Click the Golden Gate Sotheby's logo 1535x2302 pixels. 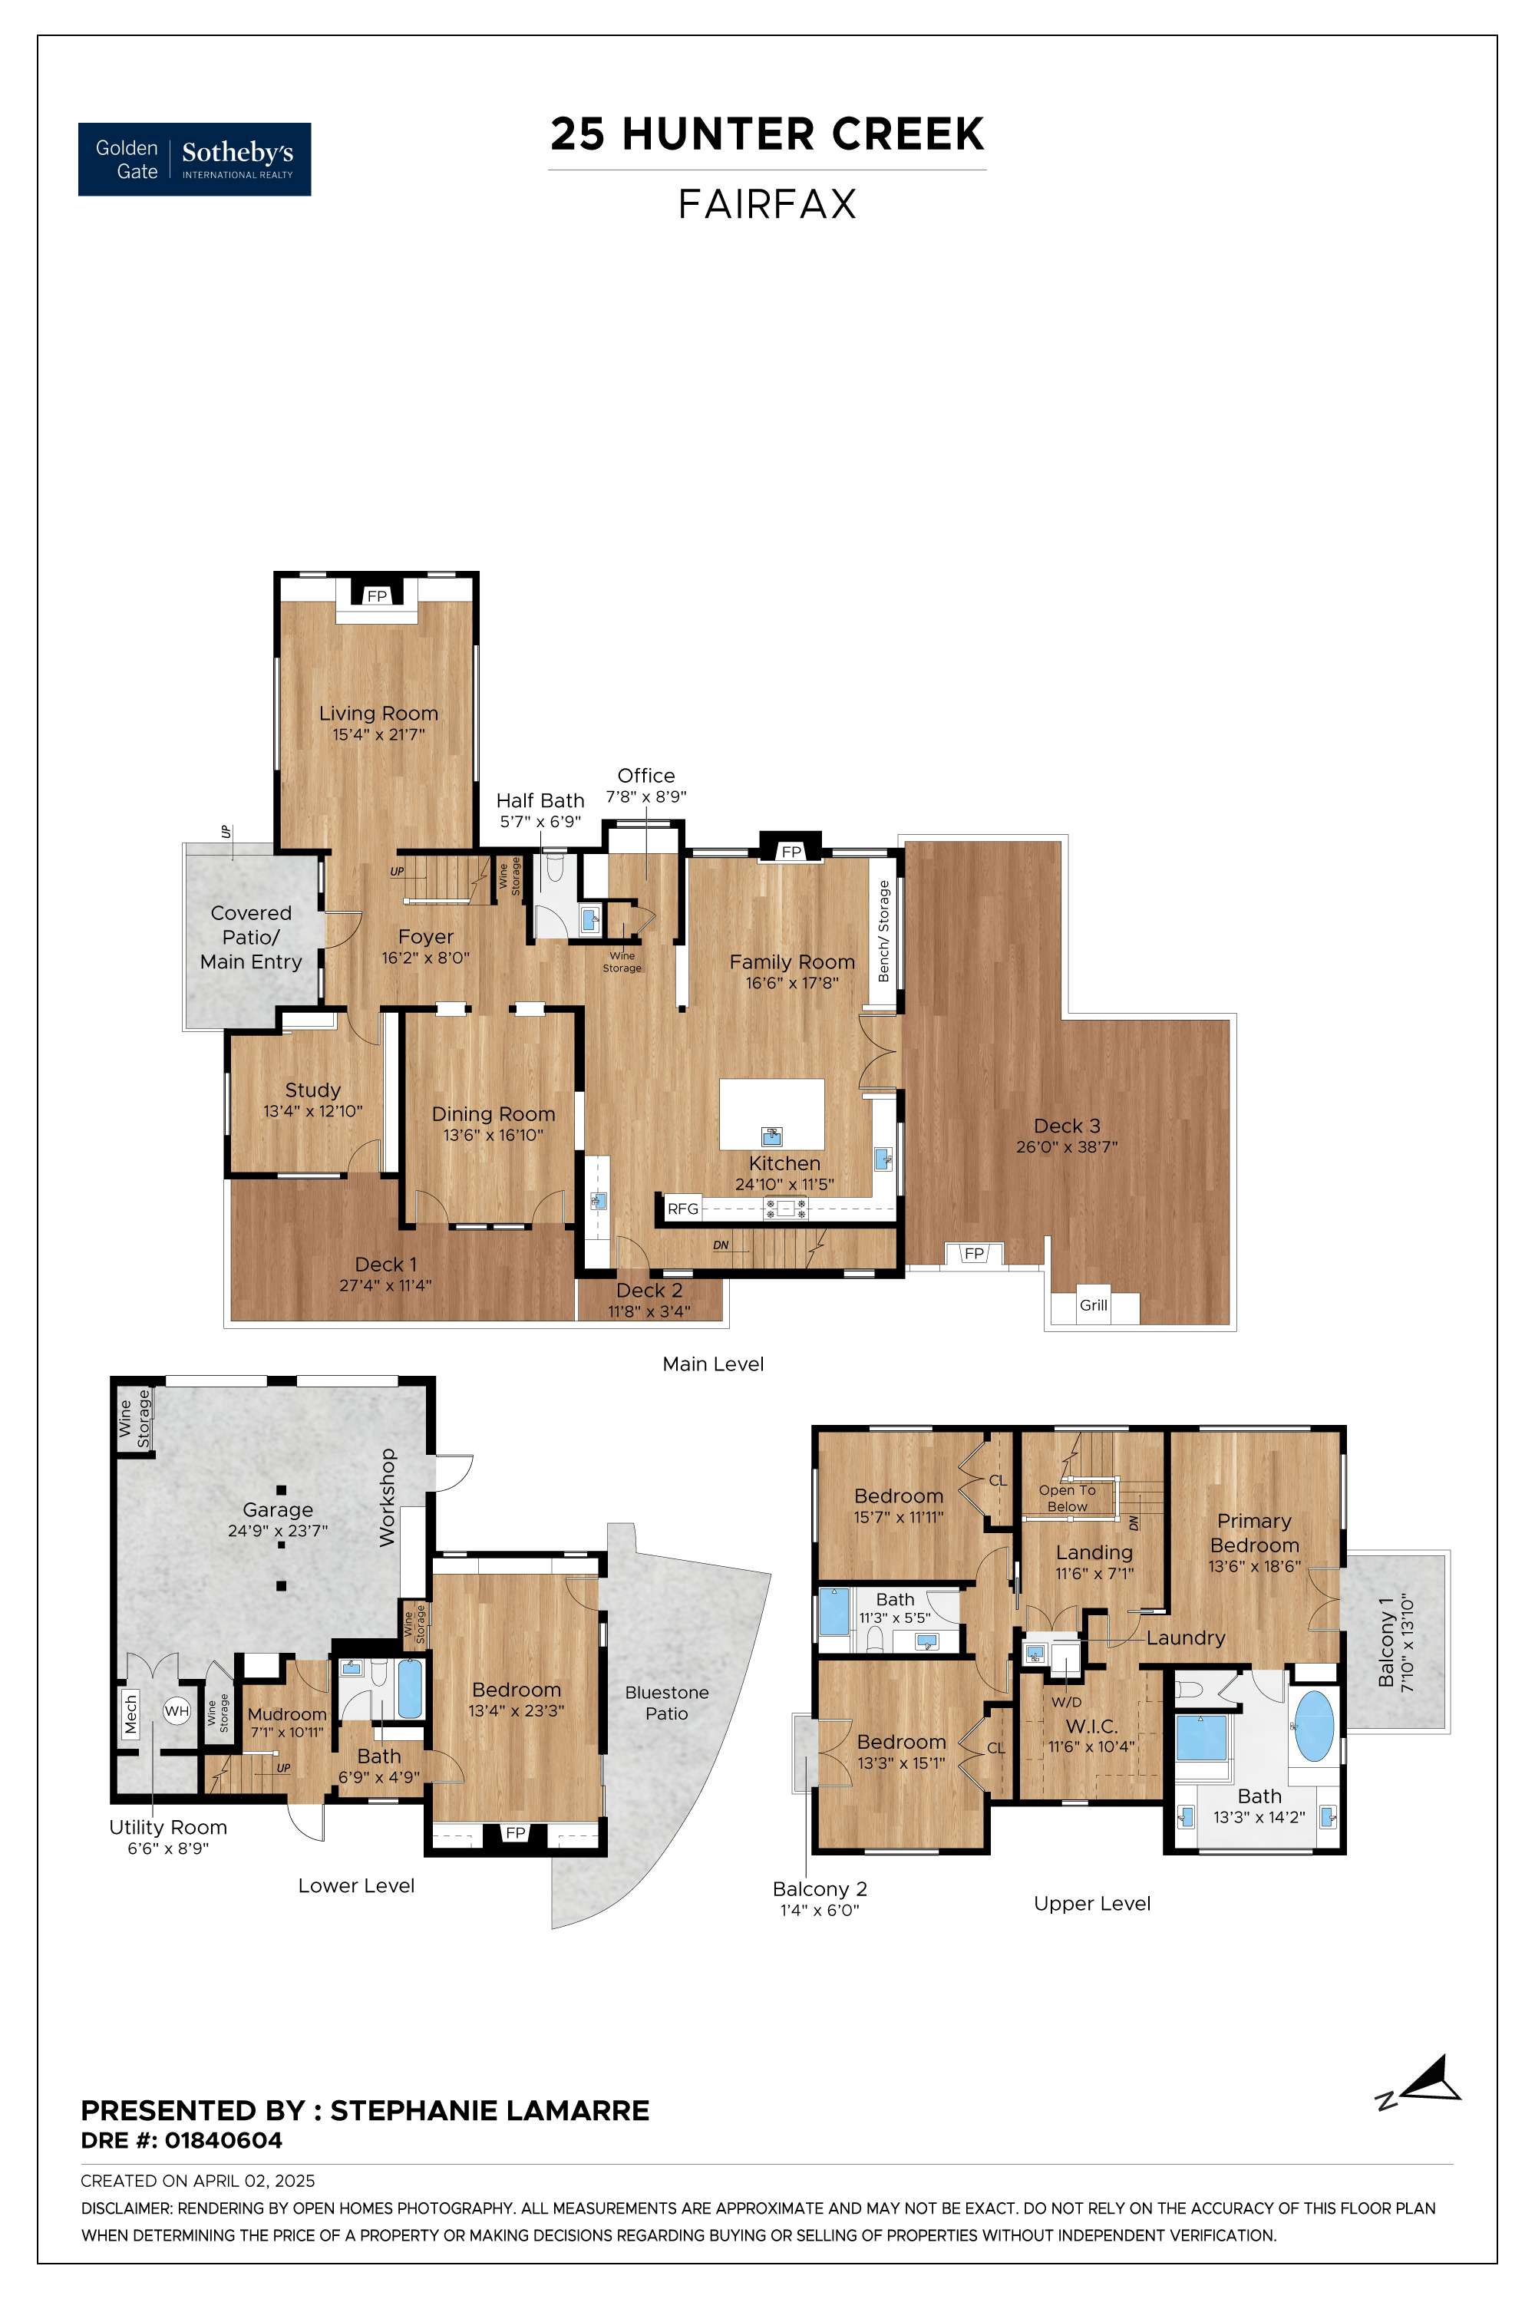pyautogui.click(x=195, y=160)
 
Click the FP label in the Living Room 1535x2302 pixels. pyautogui.click(x=377, y=596)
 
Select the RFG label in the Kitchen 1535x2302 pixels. pyautogui.click(x=683, y=1209)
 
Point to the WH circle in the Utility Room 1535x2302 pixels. pyautogui.click(x=177, y=1711)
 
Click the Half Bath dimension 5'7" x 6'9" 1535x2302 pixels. pyautogui.click(x=540, y=822)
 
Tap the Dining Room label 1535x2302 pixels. pyautogui.click(x=494, y=1114)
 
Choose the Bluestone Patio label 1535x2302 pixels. pyautogui.click(x=667, y=1702)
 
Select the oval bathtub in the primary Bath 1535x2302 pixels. pyautogui.click(x=1314, y=1726)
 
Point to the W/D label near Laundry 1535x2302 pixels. pyautogui.click(x=1066, y=1702)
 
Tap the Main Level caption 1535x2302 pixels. pyautogui.click(x=713, y=1364)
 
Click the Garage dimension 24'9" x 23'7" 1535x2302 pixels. pyautogui.click(x=278, y=1531)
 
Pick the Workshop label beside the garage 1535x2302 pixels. pyautogui.click(x=387, y=1498)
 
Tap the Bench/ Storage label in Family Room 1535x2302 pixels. pyautogui.click(x=884, y=931)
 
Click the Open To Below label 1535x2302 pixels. pyautogui.click(x=1067, y=1499)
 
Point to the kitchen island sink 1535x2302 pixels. pyautogui.click(x=772, y=1136)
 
